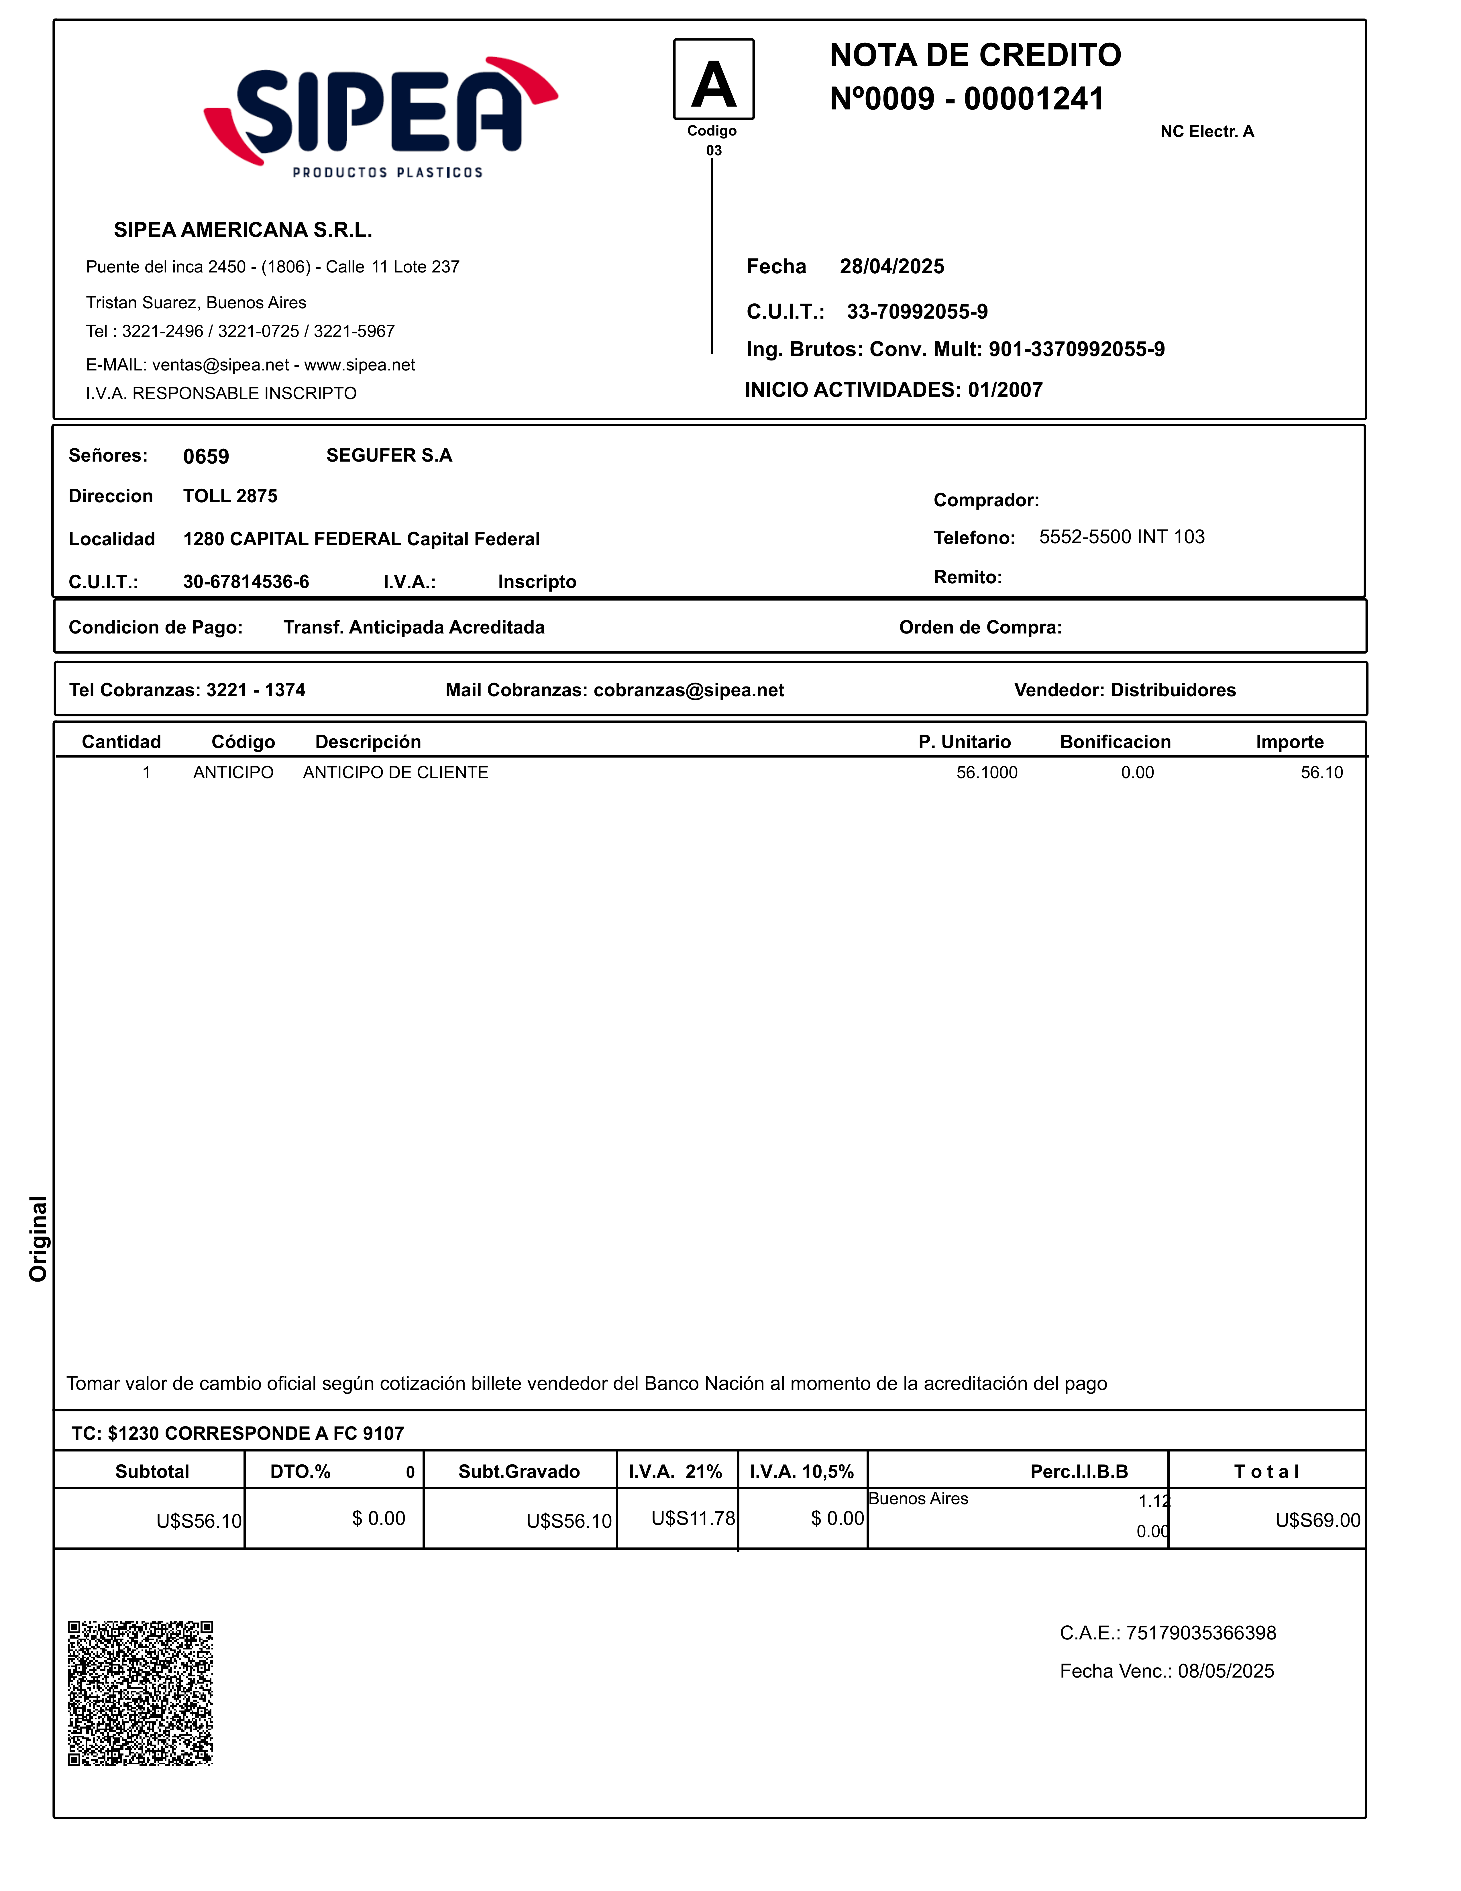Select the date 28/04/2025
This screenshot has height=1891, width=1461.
(891, 267)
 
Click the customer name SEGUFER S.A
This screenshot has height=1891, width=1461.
(389, 456)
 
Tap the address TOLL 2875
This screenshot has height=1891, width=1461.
(230, 496)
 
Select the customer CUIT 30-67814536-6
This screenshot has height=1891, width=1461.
(246, 582)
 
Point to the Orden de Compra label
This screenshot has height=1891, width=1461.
(980, 628)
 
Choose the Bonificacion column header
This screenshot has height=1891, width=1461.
(1115, 742)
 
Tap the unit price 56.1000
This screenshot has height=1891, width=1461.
(987, 772)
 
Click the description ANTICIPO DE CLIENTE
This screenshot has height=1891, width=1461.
(396, 772)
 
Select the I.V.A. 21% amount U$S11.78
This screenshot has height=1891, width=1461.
(692, 1518)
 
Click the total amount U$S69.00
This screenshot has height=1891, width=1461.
(1317, 1521)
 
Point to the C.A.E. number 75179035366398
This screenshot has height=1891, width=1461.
(1201, 1633)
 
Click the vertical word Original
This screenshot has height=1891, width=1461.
(38, 1238)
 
